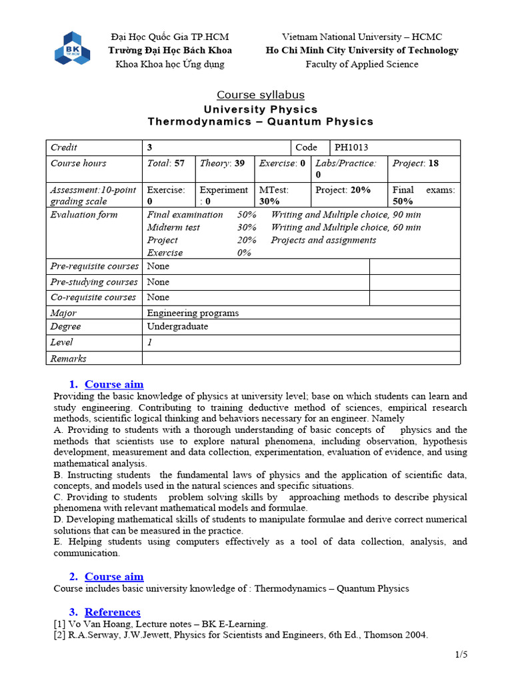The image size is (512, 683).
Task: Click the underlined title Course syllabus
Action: tap(261, 95)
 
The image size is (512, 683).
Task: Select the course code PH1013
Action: tap(351, 147)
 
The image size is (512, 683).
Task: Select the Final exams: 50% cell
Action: tap(423, 195)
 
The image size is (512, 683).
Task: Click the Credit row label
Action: tap(64, 147)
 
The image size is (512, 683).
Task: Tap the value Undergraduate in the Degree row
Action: tap(177, 327)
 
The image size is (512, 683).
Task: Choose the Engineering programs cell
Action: tap(193, 313)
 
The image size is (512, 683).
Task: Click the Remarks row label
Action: tap(68, 359)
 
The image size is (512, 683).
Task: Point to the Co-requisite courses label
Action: tap(93, 297)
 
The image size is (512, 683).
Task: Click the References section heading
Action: tap(112, 612)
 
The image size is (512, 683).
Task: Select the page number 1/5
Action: tap(461, 655)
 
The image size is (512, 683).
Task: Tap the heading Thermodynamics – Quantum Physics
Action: tap(261, 121)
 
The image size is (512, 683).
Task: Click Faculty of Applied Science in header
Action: tap(362, 64)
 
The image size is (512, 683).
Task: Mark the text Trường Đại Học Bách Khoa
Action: tap(170, 51)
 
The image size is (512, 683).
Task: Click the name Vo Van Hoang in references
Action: tap(93, 624)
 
